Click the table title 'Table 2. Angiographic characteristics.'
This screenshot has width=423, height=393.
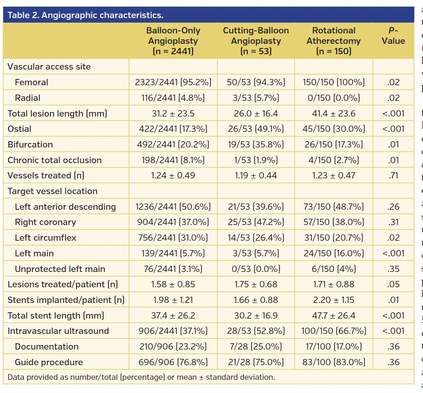[86, 15]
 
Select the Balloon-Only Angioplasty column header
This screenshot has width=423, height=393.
[173, 41]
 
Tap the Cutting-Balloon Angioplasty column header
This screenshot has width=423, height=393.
[256, 41]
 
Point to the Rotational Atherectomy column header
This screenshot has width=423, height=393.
[334, 41]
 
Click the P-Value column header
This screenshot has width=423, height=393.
[393, 36]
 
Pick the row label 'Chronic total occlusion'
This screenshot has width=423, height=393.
[55, 160]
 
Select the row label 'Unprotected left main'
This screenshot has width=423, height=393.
[60, 269]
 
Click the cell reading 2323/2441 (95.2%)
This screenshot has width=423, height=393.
[173, 82]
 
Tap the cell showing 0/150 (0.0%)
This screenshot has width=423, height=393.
[334, 98]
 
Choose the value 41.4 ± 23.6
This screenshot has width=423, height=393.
[334, 114]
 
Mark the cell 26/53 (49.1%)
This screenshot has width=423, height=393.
[256, 129]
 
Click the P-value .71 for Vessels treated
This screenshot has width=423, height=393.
[393, 176]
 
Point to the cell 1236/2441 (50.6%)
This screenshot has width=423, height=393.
[173, 207]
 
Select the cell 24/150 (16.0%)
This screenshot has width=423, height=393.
[334, 254]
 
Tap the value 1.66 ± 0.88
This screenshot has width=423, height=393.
[256, 300]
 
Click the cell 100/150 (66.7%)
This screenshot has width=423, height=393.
[334, 331]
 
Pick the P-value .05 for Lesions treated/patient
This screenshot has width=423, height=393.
[393, 284]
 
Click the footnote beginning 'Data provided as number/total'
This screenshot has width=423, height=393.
[141, 377]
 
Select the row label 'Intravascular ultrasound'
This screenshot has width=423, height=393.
[58, 331]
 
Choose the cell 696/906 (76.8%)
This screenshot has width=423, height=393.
[173, 362]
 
